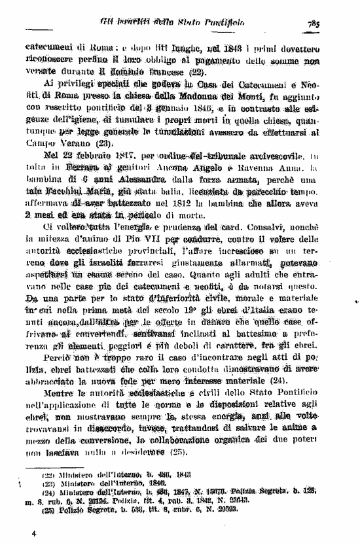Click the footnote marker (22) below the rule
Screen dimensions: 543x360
tap(48, 474)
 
